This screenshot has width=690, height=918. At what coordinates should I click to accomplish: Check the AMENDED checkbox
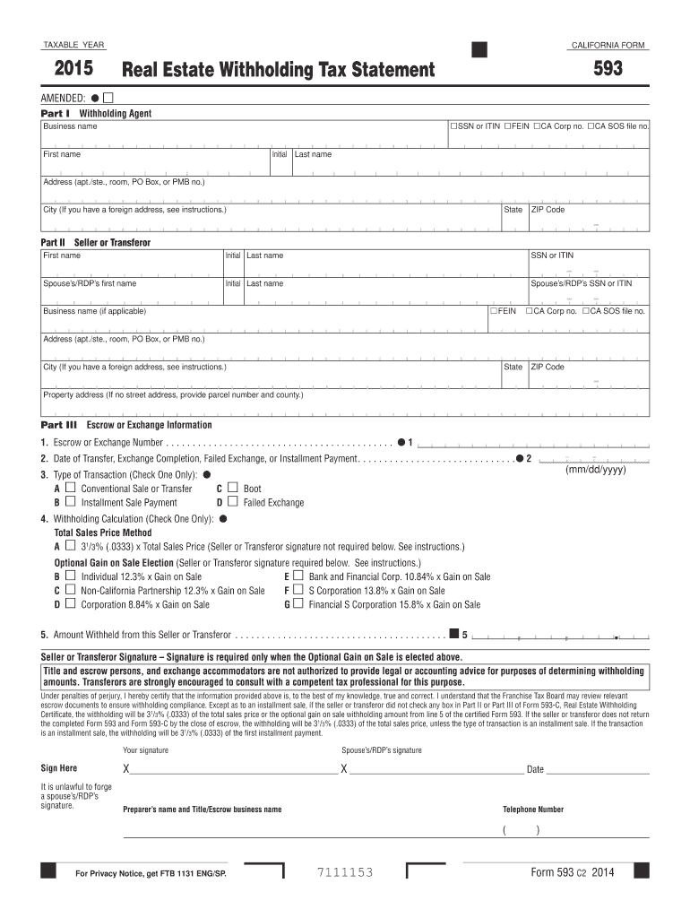click(108, 97)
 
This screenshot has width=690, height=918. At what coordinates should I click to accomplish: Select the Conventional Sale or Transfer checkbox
click(71, 489)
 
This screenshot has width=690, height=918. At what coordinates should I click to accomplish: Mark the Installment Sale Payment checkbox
click(71, 503)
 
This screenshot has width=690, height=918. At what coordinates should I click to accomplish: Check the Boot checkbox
click(233, 489)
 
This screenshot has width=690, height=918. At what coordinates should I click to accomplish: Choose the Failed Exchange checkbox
click(233, 503)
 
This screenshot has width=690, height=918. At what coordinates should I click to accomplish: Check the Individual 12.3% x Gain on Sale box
click(71, 576)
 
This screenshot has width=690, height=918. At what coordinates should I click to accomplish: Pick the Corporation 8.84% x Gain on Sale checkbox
click(71, 605)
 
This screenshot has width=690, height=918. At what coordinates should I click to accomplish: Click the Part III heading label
click(60, 425)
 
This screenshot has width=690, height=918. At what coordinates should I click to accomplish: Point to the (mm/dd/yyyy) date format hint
click(595, 471)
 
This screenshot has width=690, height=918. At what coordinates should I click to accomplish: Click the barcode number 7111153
click(345, 873)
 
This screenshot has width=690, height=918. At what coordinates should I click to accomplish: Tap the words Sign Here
click(59, 768)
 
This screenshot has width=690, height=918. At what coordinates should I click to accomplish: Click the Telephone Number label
click(533, 810)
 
